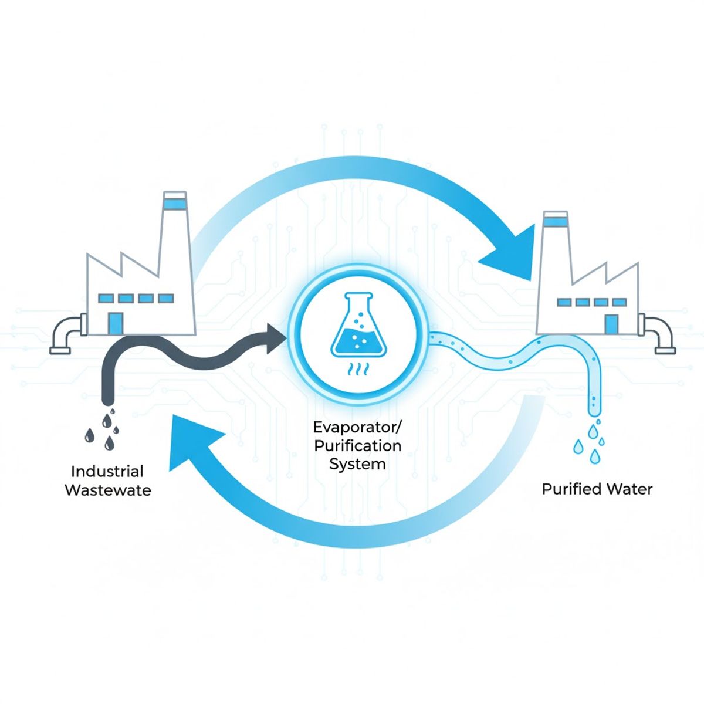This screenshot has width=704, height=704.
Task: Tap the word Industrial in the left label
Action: (x=107, y=471)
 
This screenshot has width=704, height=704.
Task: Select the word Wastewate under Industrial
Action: (x=108, y=490)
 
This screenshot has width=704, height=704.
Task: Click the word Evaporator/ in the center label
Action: (x=357, y=427)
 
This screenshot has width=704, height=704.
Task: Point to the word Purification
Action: (x=357, y=445)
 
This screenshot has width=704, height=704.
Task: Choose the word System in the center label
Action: (x=357, y=464)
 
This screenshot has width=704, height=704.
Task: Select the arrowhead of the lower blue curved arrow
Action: (x=194, y=443)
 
